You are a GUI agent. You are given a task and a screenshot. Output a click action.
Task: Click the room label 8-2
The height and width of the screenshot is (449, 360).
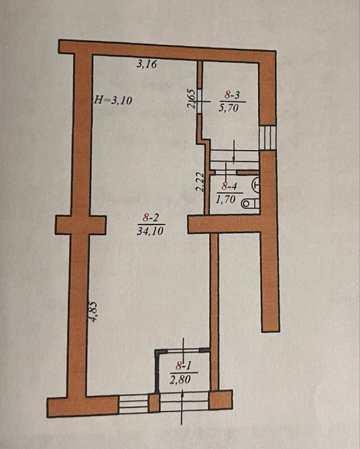151,218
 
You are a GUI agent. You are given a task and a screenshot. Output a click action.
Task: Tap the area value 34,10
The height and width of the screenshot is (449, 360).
150,231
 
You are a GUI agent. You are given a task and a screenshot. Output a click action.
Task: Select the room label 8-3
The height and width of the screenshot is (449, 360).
232,95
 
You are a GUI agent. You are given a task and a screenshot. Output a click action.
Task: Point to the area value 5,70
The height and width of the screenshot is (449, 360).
229,108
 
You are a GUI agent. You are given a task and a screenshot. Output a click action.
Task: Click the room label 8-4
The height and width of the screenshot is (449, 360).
229,187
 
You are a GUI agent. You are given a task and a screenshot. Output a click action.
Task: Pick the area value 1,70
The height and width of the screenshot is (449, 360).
226,199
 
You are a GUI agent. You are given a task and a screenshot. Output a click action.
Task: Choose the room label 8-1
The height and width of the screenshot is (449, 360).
183,366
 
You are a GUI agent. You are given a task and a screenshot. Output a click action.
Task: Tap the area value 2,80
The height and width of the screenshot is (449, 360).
180,379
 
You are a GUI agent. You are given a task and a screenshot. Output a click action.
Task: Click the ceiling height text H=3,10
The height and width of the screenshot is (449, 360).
113,101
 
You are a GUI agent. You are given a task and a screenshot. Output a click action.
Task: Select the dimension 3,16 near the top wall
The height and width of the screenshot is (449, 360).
147,64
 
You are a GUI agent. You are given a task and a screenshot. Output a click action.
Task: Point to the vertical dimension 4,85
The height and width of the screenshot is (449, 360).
95,312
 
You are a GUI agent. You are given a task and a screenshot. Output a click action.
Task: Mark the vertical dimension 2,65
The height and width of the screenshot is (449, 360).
191,99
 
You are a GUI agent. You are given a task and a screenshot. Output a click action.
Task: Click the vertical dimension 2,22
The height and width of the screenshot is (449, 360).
199,182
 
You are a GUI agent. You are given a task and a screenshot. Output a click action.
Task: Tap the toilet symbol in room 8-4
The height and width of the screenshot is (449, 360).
250,204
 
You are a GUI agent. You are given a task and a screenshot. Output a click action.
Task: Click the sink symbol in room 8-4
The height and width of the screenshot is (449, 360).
255,184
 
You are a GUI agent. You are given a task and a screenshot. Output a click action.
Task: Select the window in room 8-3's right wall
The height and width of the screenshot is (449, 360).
267,137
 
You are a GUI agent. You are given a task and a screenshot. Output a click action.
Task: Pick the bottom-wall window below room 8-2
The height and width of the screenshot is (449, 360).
134,403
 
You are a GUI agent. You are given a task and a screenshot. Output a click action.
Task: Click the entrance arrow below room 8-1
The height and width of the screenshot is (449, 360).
182,408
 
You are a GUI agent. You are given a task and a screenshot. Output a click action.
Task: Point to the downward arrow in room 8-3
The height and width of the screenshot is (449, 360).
234,151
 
